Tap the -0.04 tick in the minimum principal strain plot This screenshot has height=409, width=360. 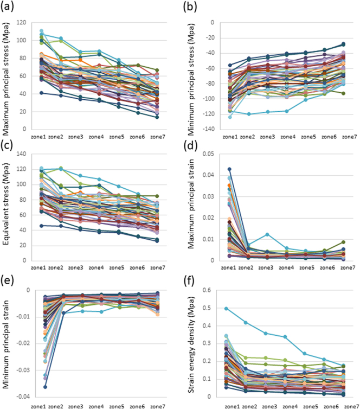pos(22,397)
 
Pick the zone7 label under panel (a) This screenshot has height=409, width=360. pos(157,137)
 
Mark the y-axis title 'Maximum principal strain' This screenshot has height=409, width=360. pos(190,207)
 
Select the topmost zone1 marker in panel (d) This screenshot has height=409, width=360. pos(229,170)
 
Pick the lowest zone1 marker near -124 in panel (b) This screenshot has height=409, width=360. pos(230,117)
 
